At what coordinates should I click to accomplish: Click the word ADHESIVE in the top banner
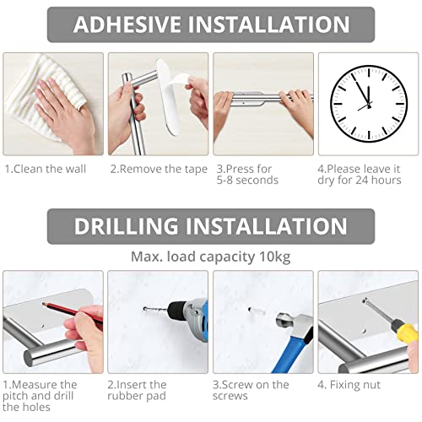(127, 24)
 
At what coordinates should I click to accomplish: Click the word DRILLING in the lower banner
(126, 226)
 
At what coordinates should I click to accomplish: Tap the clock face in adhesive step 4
(369, 104)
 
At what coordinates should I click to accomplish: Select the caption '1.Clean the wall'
(46, 169)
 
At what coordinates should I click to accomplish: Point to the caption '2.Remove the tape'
(159, 170)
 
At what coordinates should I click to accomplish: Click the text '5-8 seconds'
(247, 180)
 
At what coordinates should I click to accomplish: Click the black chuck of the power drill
(176, 311)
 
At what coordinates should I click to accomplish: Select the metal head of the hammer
(293, 323)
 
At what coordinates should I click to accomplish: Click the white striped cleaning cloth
(45, 93)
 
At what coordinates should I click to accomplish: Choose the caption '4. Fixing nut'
(349, 385)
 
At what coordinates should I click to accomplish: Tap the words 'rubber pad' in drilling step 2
(137, 396)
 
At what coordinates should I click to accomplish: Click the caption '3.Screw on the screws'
(251, 390)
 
